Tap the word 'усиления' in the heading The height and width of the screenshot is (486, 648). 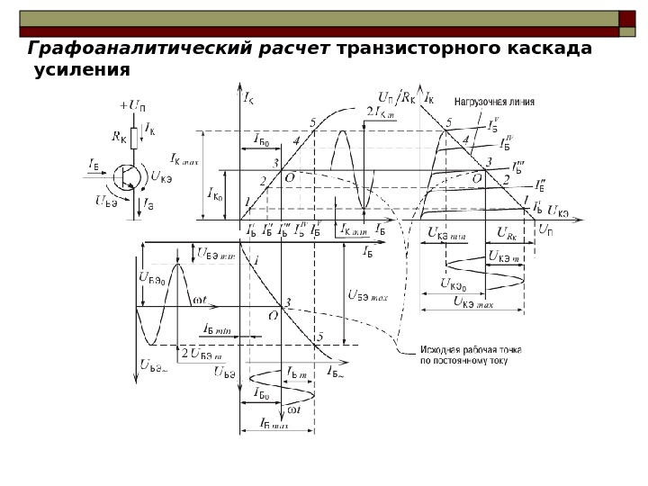point(82,70)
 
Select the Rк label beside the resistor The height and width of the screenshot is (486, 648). point(119,138)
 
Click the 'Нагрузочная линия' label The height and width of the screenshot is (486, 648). point(494,102)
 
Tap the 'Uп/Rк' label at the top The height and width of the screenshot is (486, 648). point(397,97)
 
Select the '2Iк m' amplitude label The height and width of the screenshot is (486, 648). point(382,112)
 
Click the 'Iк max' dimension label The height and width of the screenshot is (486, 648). point(184,159)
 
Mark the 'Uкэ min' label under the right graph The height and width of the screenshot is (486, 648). point(447,233)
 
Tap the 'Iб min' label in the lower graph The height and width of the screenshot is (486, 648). point(218,330)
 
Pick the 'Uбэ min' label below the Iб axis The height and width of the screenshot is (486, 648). point(215,254)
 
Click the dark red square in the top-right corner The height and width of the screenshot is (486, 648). point(626,18)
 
